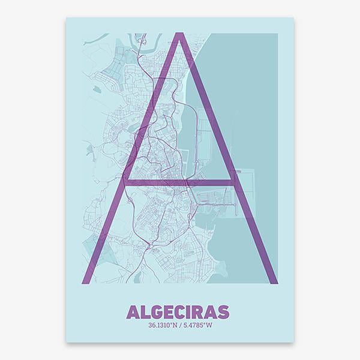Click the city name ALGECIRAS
point(178,312)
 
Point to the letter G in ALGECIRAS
point(155,312)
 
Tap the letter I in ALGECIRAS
point(190,312)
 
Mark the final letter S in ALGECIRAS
point(223,312)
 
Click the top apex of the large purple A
point(178,36)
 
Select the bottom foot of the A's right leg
point(271,280)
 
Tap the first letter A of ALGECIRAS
point(133,312)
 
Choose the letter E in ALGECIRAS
point(168,312)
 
